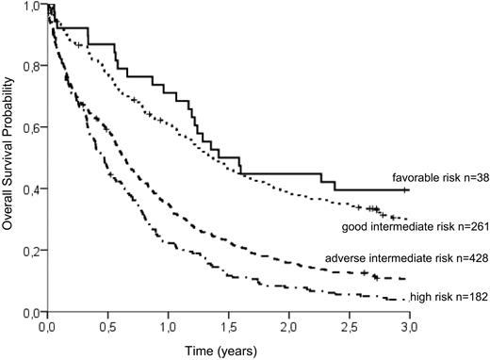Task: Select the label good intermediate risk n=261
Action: tap(416, 226)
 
